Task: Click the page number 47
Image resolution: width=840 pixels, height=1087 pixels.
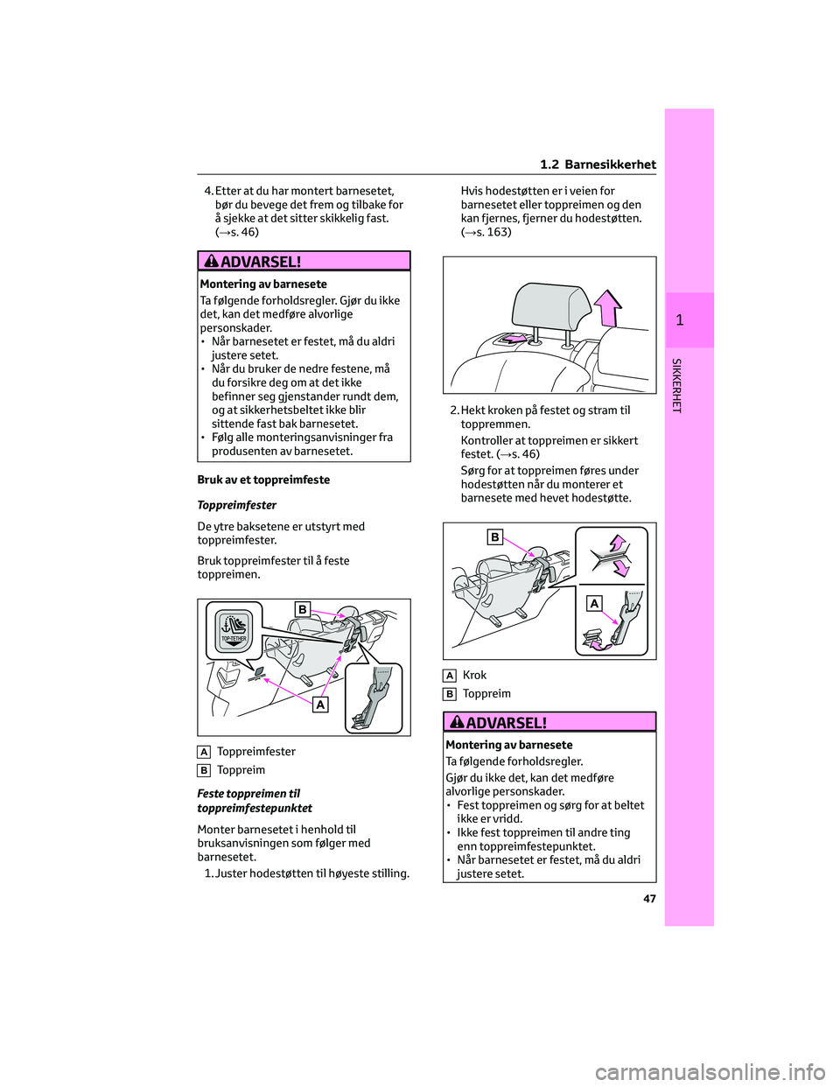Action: tap(649, 898)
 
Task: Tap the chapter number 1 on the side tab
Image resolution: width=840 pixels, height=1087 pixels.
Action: tap(680, 320)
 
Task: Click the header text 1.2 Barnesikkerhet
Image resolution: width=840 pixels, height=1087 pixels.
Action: tap(598, 165)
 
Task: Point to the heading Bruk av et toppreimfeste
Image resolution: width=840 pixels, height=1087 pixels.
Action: tap(263, 480)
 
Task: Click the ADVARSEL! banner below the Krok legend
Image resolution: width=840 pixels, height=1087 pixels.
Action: tap(550, 722)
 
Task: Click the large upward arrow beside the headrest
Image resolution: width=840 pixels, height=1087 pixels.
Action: tap(607, 307)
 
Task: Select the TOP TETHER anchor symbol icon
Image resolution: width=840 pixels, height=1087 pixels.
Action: tap(234, 628)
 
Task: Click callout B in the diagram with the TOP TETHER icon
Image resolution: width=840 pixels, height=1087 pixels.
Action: tap(302, 609)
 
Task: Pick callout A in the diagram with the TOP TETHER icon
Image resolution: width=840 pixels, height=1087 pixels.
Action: tap(320, 704)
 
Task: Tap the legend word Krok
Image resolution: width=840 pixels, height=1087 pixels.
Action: tap(474, 675)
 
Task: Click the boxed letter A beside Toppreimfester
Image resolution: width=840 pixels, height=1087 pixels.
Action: tap(204, 752)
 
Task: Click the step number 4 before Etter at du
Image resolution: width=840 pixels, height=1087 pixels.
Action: tap(207, 191)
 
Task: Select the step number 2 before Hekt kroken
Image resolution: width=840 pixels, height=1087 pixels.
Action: tap(453, 410)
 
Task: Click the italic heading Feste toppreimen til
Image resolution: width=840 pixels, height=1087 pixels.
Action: tap(248, 794)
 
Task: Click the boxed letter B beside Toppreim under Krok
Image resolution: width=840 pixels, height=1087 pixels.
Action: tap(450, 694)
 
